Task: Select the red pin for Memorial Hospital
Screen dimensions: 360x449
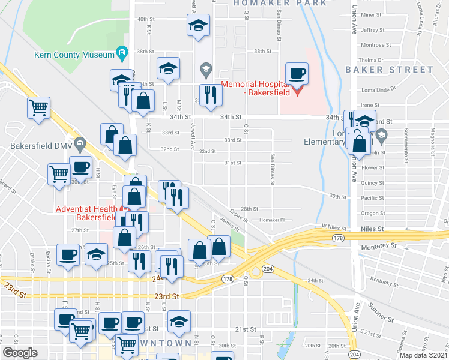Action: click(x=298, y=91)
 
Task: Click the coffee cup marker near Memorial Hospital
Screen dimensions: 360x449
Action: click(x=297, y=74)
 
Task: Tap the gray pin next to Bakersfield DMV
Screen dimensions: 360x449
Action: click(x=82, y=144)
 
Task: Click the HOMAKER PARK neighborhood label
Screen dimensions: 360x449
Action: click(x=280, y=3)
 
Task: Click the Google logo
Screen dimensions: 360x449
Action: click(x=20, y=353)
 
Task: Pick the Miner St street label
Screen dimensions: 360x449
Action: click(x=372, y=14)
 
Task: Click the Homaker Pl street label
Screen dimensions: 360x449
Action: click(x=271, y=220)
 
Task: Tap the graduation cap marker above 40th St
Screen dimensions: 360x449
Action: click(x=198, y=26)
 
